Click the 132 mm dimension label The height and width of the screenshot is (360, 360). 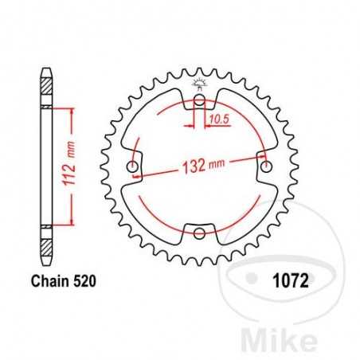[204, 165]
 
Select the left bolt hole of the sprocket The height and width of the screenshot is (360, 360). [133, 167]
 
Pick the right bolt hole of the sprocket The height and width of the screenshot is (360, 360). [265, 166]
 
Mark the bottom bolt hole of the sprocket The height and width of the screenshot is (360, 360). [199, 233]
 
